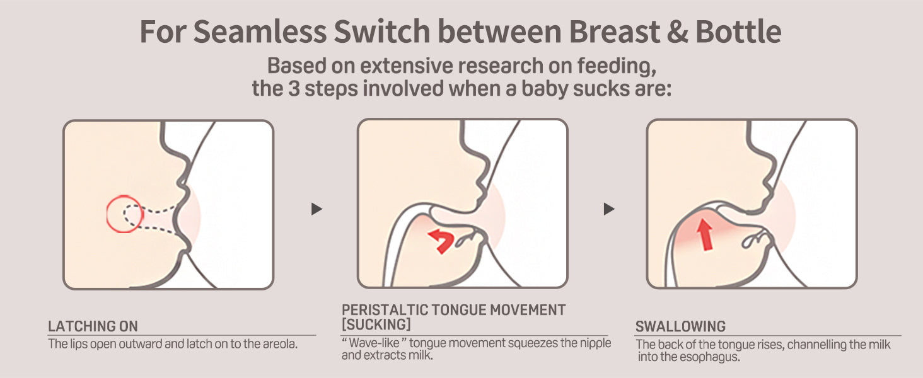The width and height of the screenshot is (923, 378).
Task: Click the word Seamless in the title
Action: coord(260,31)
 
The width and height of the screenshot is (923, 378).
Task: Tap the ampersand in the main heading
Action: coord(677,31)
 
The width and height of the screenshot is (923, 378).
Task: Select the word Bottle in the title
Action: coord(738,31)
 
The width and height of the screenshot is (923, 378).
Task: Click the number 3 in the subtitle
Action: coord(294,88)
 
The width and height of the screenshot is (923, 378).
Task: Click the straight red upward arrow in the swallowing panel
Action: coord(705,234)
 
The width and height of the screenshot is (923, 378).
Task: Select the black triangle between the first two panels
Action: coord(316,209)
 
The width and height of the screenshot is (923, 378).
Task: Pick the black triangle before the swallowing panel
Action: coord(608,209)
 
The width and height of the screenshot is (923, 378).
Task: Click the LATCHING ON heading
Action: coord(93,326)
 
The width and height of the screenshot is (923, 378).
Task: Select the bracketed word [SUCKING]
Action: coord(376,324)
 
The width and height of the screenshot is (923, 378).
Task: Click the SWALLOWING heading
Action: coord(680,326)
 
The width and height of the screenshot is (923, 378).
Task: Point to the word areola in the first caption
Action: coord(280,344)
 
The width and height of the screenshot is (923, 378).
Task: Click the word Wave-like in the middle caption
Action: coord(374,343)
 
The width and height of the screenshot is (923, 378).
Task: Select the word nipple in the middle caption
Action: coord(595,343)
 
